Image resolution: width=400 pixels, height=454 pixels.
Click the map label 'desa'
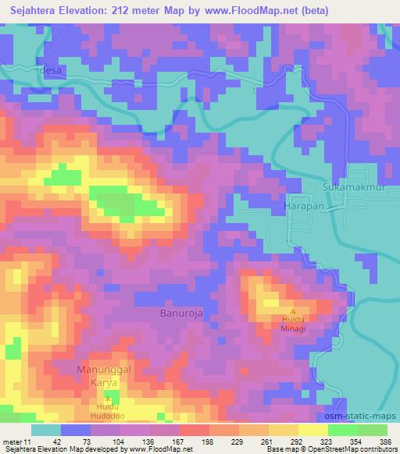click(52, 69)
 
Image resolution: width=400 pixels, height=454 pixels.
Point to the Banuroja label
click(173, 314)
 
